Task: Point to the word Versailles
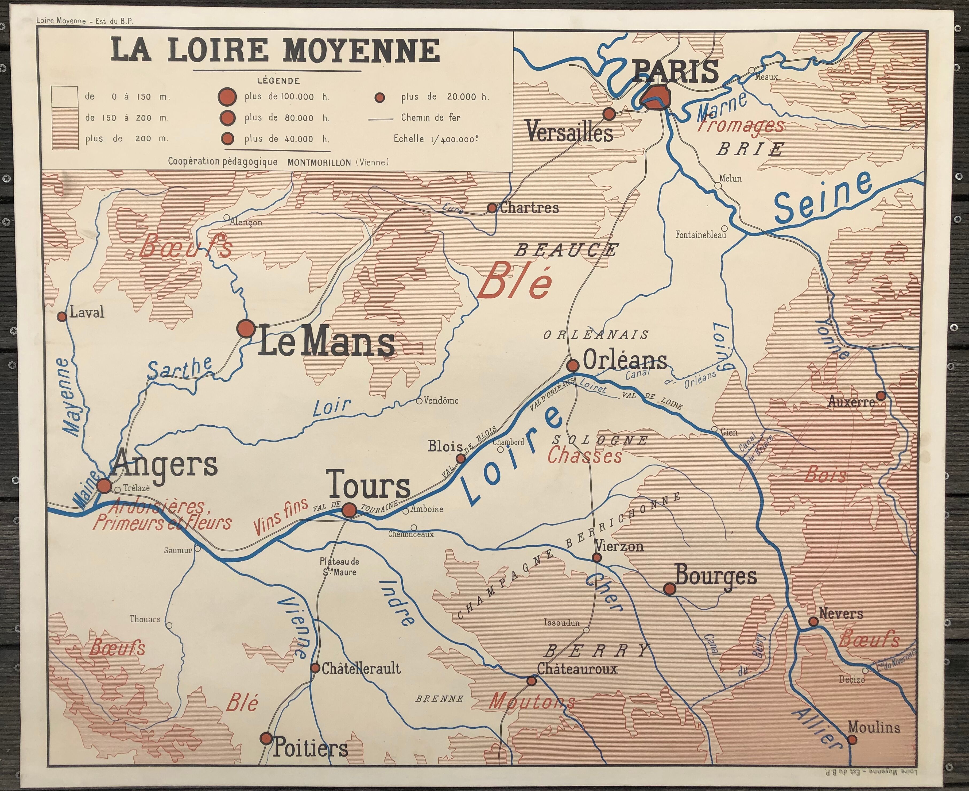(569, 132)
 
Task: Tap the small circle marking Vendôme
(419, 401)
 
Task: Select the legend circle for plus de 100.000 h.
(227, 97)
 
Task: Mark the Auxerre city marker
(881, 396)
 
